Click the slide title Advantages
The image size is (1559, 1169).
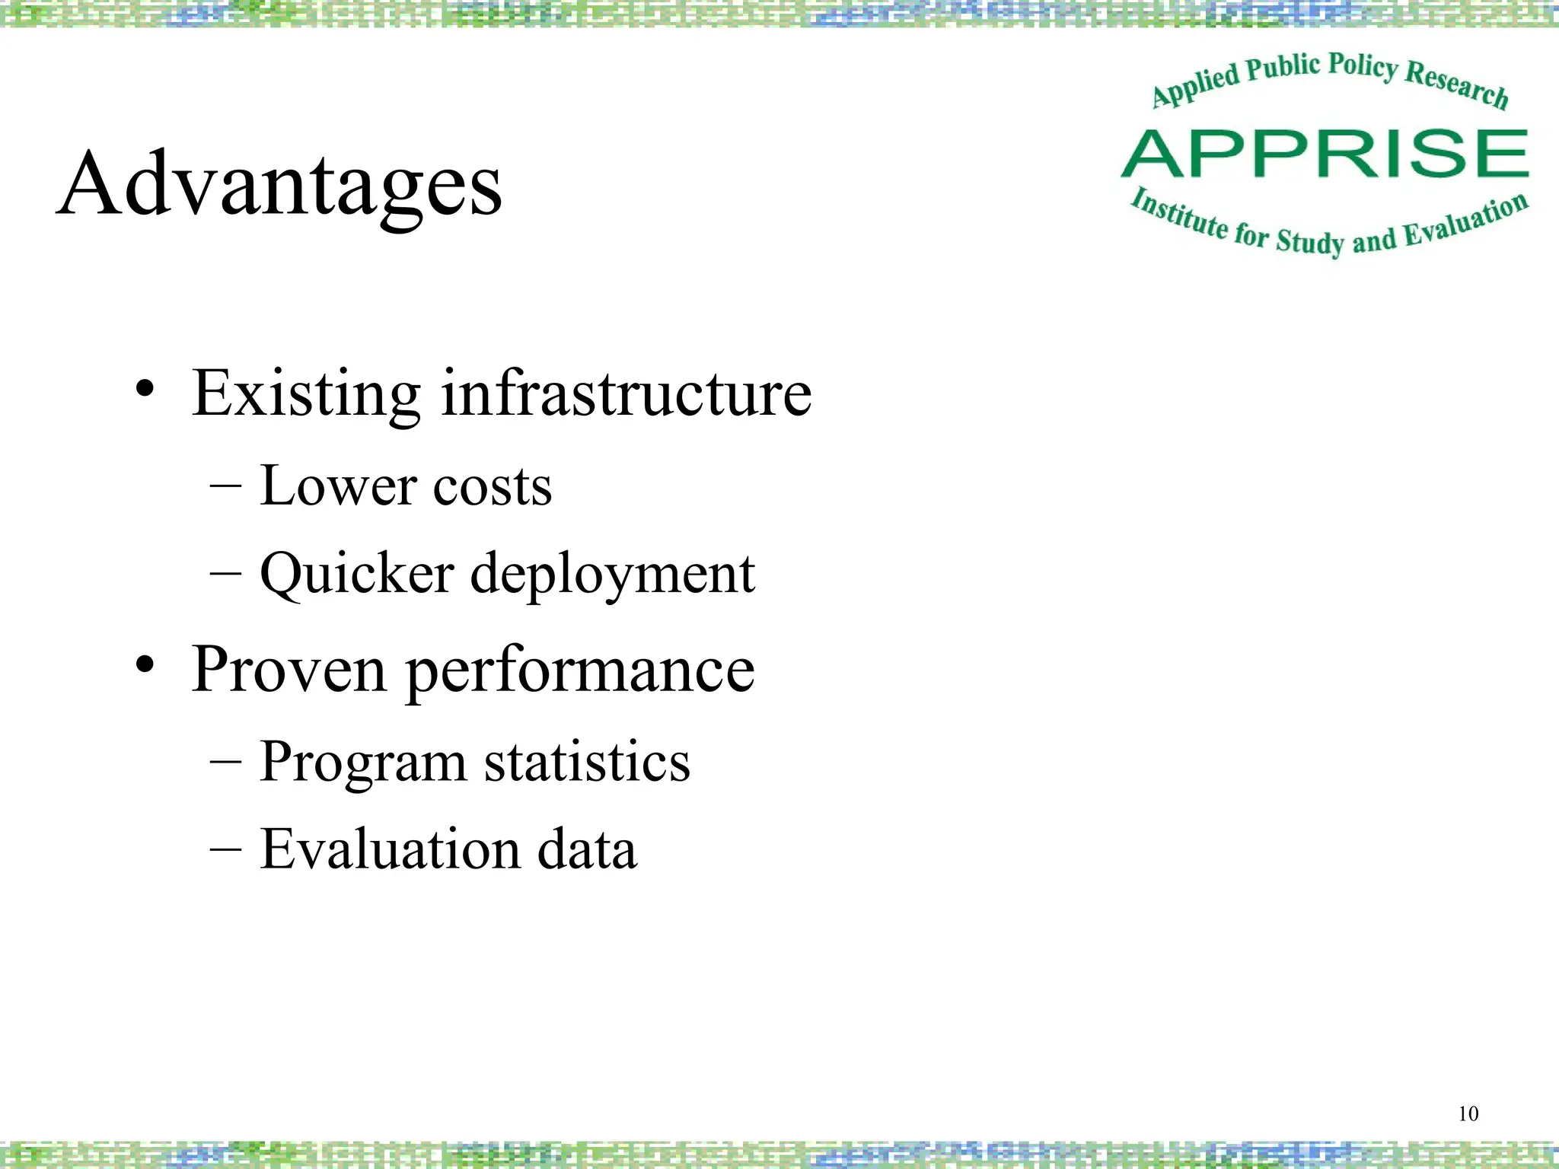point(279,185)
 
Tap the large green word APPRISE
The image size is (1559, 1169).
point(1325,154)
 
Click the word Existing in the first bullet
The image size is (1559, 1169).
point(306,394)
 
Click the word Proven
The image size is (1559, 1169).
point(289,669)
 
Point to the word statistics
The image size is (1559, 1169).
point(587,761)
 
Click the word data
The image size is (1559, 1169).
point(586,849)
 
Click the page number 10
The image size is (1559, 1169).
point(1468,1114)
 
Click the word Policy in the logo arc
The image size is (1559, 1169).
point(1363,66)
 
